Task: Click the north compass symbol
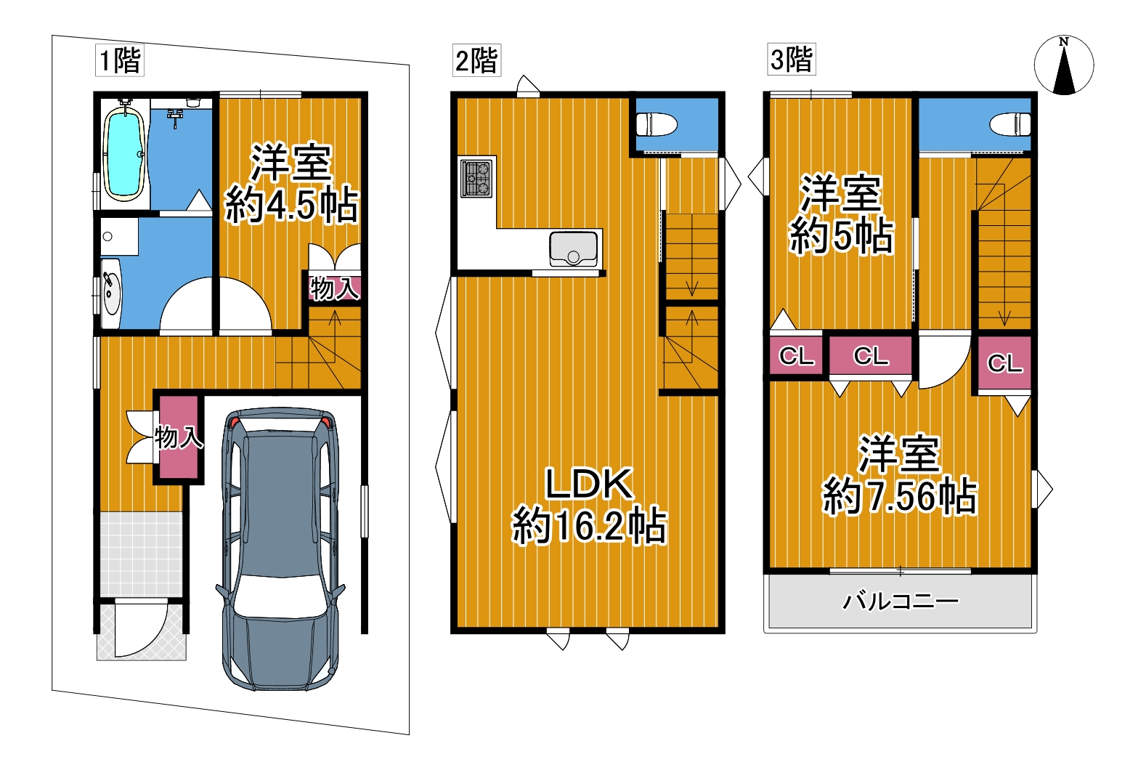(1064, 65)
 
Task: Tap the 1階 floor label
(120, 60)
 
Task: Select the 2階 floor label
(476, 60)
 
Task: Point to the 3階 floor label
(792, 60)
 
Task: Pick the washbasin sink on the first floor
(110, 293)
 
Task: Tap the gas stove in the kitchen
(476, 179)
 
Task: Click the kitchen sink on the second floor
(574, 249)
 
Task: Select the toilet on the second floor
(657, 124)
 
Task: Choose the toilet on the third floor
(1010, 124)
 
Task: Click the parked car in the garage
(280, 549)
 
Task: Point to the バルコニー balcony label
(901, 601)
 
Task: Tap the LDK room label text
(590, 484)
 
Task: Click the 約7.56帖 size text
(900, 495)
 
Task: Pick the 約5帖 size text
(842, 236)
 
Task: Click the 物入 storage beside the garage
(179, 437)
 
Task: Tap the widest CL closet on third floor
(870, 356)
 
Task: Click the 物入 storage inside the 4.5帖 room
(335, 288)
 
